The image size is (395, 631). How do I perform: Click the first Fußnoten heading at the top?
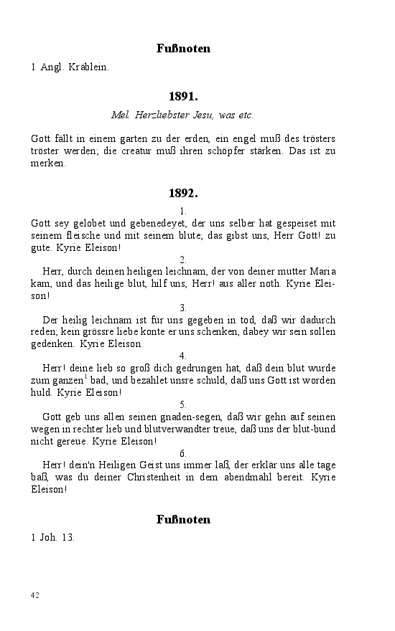183,49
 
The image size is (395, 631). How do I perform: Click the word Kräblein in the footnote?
88,67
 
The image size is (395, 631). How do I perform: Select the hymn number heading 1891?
183,95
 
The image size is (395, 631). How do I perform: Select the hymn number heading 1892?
183,193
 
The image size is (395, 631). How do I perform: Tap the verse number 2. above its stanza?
183,260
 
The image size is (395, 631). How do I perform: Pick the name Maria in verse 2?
322,271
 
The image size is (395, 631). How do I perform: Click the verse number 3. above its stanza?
183,308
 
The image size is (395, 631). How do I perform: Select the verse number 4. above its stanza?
183,356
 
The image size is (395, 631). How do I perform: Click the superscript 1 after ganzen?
85,377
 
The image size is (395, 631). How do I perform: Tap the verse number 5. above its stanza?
183,404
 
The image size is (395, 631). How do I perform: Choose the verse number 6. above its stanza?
183,453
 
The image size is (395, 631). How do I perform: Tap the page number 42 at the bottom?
35,595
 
